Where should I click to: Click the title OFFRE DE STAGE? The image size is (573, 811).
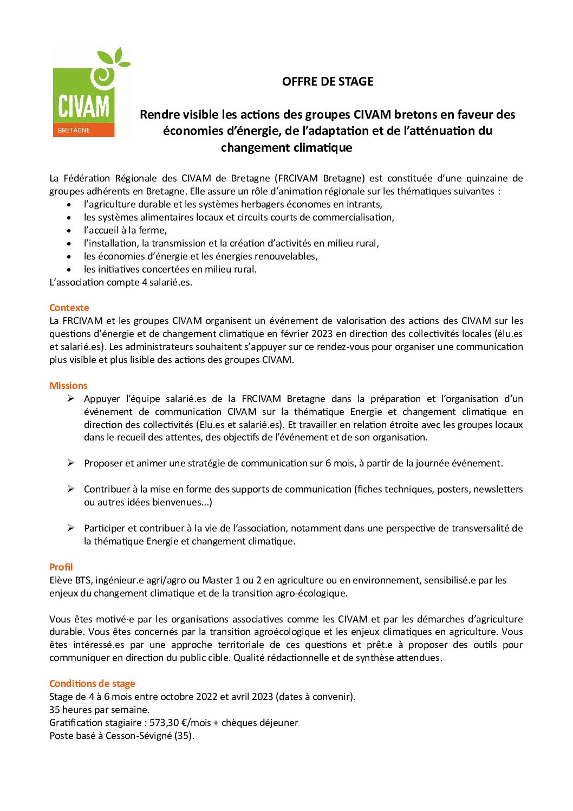(328, 81)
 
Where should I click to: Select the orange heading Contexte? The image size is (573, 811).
(69, 308)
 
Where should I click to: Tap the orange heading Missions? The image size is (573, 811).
(68, 386)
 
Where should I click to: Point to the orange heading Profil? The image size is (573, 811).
(61, 567)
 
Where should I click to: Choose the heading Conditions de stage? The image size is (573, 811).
(92, 684)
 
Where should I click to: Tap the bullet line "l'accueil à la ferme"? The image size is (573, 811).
(125, 230)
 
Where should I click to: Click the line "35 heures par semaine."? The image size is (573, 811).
(99, 710)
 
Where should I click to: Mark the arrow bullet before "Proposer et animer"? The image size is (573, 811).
(70, 463)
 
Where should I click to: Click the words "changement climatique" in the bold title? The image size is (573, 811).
(286, 147)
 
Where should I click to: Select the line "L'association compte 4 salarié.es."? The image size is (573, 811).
(120, 282)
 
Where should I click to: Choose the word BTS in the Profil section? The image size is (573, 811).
(83, 580)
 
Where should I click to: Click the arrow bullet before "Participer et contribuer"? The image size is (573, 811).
(70, 528)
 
